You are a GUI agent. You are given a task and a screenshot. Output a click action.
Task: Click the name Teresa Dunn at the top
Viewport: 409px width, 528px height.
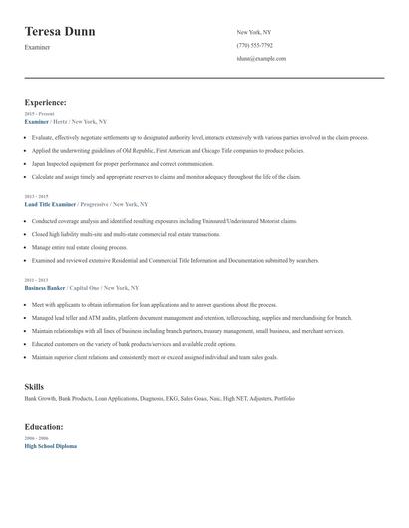(x=60, y=32)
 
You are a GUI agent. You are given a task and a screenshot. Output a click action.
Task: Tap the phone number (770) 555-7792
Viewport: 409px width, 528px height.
(x=256, y=46)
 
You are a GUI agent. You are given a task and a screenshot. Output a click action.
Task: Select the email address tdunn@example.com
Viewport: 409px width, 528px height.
(x=261, y=59)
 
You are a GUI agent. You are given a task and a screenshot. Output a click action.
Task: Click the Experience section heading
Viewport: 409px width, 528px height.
(x=46, y=102)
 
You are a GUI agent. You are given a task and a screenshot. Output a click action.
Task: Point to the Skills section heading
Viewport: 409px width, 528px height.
(x=34, y=386)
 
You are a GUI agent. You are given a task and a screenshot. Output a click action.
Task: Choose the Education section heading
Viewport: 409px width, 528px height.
(x=44, y=426)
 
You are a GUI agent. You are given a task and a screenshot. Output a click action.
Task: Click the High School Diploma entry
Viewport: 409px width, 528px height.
(x=50, y=446)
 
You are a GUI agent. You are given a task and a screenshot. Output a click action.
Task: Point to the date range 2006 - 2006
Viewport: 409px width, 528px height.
(x=35, y=438)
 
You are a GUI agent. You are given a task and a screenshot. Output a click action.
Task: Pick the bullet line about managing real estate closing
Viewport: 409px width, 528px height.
(x=79, y=246)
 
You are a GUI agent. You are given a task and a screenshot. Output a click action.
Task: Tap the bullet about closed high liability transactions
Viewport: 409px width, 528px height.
(x=126, y=233)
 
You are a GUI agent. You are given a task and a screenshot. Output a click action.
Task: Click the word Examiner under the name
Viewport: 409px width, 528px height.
(x=38, y=48)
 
